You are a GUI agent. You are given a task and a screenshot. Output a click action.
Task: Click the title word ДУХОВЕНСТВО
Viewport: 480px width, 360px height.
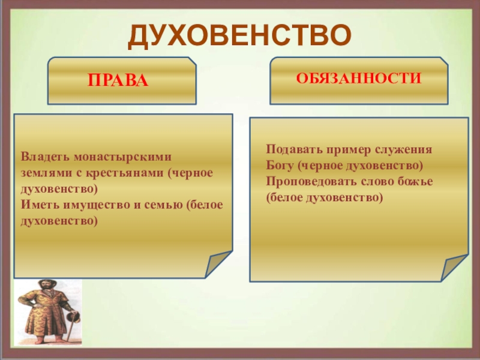[x=239, y=36]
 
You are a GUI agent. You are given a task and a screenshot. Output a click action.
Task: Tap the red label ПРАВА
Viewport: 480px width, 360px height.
[x=118, y=80]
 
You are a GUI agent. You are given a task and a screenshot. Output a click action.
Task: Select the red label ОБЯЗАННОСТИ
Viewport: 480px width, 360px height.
[x=359, y=78]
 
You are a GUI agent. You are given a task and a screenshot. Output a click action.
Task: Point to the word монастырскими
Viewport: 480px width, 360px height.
[x=122, y=157]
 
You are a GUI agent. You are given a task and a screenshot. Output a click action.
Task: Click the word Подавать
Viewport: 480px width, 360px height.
[x=293, y=149]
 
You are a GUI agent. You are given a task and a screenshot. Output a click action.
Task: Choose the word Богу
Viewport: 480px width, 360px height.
[x=280, y=166]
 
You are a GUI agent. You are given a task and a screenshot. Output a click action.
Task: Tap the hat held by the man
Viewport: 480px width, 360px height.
[x=74, y=317]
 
